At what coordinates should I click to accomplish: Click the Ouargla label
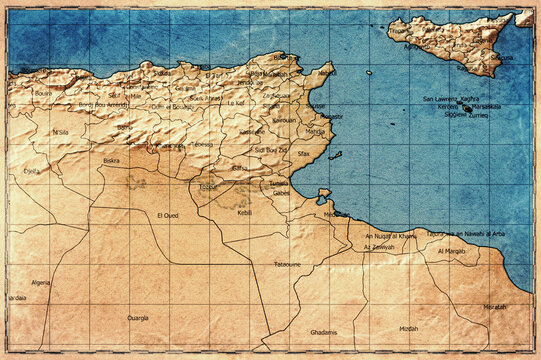click(138, 317)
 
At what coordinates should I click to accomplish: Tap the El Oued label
click(168, 215)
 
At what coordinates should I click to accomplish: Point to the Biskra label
click(112, 160)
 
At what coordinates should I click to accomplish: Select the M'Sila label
click(60, 132)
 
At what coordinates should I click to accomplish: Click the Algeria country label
click(40, 283)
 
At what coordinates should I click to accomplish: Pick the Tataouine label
click(287, 264)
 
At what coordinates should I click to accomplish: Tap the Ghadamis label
click(324, 332)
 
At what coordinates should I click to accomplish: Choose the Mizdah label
click(408, 328)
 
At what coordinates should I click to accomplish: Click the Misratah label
click(495, 307)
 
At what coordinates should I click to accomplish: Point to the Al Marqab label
click(451, 251)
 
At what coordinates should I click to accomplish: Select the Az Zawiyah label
click(380, 247)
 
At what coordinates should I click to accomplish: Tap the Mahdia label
click(314, 131)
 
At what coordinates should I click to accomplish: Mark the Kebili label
click(245, 213)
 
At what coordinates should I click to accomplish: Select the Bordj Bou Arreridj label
click(103, 105)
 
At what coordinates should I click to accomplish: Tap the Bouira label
click(43, 93)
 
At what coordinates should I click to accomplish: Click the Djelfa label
click(32, 171)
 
